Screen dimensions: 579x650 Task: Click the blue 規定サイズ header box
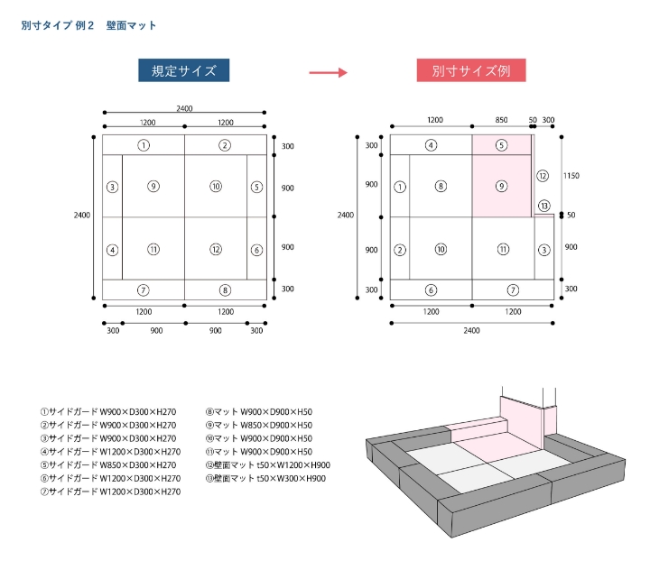point(184,71)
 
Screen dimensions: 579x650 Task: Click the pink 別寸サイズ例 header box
point(471,71)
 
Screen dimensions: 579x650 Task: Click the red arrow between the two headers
point(328,72)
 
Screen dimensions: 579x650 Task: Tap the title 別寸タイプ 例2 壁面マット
point(88,25)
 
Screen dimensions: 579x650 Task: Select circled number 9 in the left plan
point(153,187)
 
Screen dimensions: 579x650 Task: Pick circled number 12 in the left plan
point(215,250)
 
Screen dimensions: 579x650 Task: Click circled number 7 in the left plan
point(144,290)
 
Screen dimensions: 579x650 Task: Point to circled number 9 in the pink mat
point(502,187)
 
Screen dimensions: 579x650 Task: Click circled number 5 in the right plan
point(502,145)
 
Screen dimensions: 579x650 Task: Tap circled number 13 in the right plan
point(543,207)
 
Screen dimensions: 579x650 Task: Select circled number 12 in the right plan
point(543,176)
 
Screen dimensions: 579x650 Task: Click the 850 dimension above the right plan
point(501,120)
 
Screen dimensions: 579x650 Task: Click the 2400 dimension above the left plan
point(184,108)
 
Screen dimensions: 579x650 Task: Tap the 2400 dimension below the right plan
point(471,331)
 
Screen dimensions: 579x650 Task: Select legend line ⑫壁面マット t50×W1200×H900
point(268,465)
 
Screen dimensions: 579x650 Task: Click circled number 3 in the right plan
point(543,250)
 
